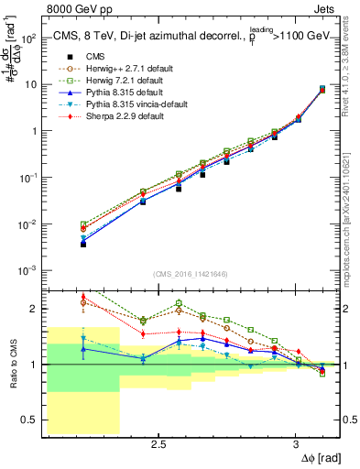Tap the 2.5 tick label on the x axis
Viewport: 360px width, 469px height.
click(x=158, y=442)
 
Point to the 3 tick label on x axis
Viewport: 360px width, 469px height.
click(x=295, y=442)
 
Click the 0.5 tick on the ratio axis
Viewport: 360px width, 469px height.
click(x=32, y=420)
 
